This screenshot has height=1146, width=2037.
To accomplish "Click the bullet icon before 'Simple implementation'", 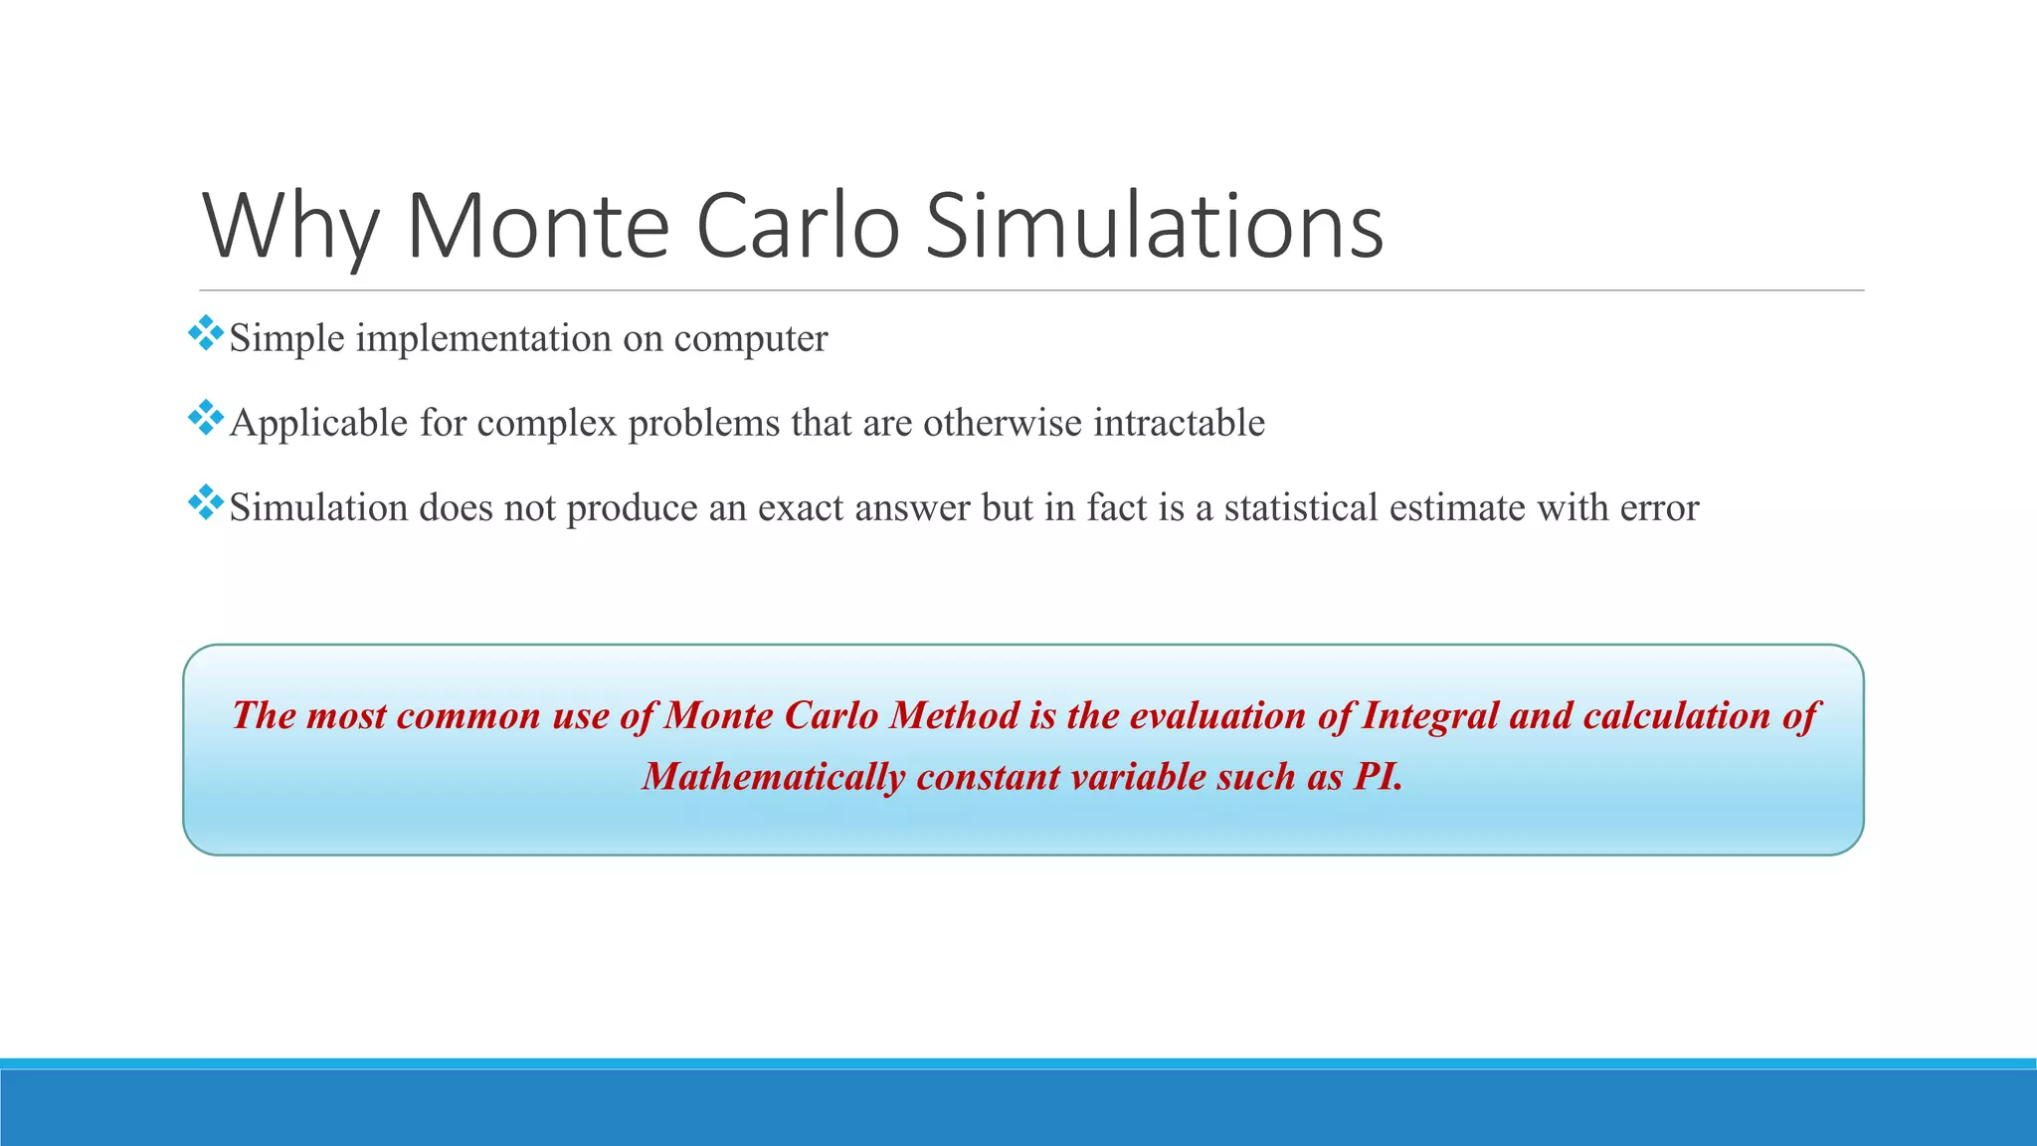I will point(205,333).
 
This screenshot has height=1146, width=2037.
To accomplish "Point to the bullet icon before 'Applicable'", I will point(205,418).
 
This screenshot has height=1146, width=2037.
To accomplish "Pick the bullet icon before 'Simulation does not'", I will point(205,502).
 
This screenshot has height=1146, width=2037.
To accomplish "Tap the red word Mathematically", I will point(773,777).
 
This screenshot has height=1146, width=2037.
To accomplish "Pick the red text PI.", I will point(1379,777).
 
